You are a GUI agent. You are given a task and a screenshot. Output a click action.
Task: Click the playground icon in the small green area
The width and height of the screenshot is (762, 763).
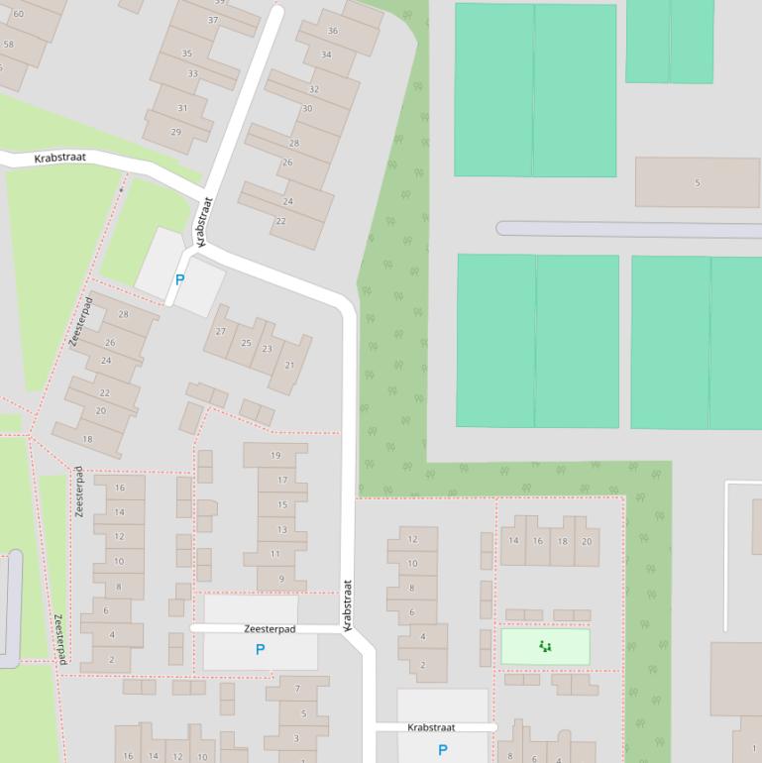point(545,647)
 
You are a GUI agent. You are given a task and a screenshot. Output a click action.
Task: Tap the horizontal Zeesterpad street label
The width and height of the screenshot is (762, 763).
point(270,629)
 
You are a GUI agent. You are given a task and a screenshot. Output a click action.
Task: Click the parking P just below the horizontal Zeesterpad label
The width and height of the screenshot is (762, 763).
point(261,650)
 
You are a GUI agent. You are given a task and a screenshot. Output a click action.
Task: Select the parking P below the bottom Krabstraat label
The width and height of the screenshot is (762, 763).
point(442,750)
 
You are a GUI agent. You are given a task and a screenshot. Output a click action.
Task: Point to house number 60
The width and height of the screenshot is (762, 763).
point(18,14)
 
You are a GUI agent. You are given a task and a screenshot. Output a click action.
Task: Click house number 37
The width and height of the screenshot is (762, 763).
point(213,20)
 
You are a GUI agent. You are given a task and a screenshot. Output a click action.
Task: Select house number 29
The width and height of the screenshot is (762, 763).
point(176,132)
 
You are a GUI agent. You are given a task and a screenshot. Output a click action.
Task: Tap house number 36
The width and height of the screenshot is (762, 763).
point(332,31)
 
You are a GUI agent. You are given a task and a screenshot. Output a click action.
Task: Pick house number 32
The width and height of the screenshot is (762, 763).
point(314,89)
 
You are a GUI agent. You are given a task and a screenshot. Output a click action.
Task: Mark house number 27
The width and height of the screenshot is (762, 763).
point(220,331)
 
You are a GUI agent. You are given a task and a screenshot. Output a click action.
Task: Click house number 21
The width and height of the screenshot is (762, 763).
point(289,365)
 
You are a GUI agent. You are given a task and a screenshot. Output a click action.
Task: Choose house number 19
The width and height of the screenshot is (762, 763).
point(275,456)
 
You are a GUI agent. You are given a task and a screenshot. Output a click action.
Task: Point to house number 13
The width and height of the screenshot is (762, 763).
point(281,529)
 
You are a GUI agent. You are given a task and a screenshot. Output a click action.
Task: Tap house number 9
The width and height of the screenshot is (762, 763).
point(281,579)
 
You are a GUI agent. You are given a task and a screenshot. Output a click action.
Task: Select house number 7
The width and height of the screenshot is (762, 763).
point(297,689)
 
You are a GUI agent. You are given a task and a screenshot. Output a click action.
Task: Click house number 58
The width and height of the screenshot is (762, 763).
point(9,44)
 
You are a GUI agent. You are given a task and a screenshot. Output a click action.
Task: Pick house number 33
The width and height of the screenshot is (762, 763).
point(192,73)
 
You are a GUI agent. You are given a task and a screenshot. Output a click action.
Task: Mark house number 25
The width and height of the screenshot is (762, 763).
point(246,343)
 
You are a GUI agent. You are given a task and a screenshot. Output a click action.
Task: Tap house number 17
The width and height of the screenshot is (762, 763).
point(281,480)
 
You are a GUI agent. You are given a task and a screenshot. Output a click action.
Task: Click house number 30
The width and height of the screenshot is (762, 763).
point(307,109)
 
